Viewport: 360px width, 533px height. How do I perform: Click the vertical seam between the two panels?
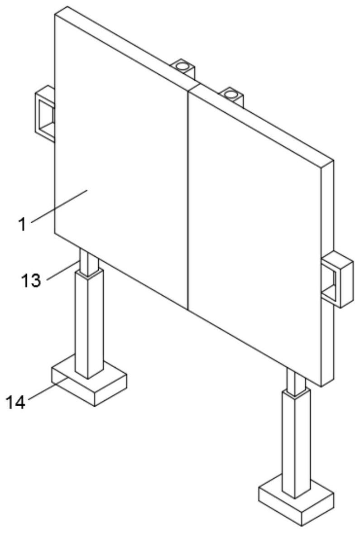[x=187, y=199]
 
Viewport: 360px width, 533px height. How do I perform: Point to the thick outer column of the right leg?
[x=295, y=444]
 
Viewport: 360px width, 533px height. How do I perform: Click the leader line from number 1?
[x=59, y=206]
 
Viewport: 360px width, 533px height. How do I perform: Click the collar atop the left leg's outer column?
[x=88, y=273]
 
